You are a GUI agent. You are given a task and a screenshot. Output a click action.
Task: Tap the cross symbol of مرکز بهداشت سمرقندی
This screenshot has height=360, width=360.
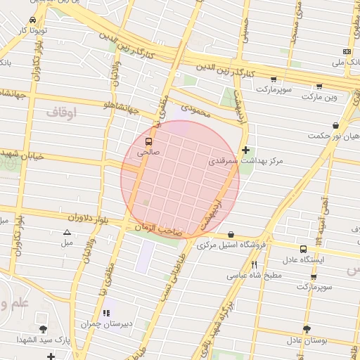click(x=245, y=150)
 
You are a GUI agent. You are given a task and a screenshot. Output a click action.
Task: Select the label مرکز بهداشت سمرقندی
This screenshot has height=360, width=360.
click(x=245, y=161)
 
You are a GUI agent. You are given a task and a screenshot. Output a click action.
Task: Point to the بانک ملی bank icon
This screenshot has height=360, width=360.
click(x=347, y=51)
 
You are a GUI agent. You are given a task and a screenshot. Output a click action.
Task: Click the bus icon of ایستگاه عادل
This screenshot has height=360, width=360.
click(x=303, y=249)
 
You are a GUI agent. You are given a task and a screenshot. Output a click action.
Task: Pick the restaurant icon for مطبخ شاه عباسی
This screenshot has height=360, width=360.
click(x=254, y=264)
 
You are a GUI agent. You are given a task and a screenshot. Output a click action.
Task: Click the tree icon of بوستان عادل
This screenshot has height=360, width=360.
click(x=306, y=329)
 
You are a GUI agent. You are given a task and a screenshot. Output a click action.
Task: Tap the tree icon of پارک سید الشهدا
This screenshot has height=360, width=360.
click(x=44, y=329)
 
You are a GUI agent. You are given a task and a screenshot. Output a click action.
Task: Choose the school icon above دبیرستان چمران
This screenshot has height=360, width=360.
click(x=106, y=313)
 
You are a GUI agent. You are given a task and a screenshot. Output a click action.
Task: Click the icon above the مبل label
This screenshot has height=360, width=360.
click(x=67, y=232)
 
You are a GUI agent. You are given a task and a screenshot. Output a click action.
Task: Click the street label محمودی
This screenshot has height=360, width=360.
click(x=196, y=110)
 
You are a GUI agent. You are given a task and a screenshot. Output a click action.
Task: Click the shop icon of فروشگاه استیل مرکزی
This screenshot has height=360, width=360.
click(x=231, y=234)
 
